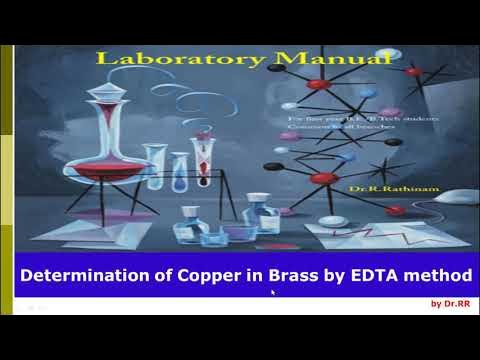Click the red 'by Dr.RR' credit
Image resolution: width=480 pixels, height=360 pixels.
[450, 304]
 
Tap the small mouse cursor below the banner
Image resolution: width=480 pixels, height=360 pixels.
[273, 293]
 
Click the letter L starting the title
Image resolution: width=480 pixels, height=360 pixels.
[102, 59]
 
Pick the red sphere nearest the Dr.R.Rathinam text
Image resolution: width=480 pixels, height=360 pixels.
[323, 178]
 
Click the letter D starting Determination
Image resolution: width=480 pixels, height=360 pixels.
[28, 273]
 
